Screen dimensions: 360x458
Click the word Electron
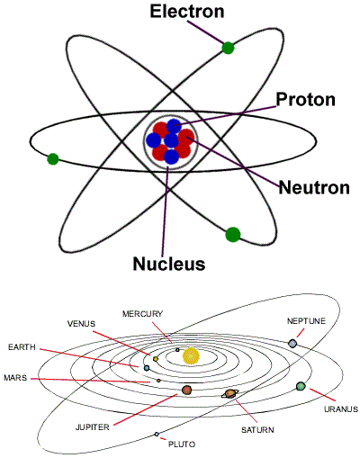pos(187,12)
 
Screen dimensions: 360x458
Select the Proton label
pos(305,99)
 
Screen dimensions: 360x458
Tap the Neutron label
pos(314,187)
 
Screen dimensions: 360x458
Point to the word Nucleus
pos(169,264)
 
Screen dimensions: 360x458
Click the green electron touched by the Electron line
pos(228,48)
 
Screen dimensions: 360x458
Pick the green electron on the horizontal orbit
pos(53,159)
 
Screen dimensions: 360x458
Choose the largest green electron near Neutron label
pos(233,235)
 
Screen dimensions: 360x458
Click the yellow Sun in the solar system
pos(191,356)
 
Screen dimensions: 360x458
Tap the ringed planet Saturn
pos(230,393)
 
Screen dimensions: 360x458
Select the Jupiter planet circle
pos(186,390)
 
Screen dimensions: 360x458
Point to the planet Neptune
pos(292,344)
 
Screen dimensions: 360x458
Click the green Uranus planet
pos(301,386)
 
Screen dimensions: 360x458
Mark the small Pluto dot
pos(157,434)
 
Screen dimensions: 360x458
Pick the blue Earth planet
pos(147,368)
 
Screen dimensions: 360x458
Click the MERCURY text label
pos(142,314)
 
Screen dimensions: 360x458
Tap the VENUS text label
pos(81,324)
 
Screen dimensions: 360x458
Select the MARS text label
pos(15,378)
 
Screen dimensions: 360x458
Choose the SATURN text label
pos(257,430)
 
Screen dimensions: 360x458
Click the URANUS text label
pos(341,409)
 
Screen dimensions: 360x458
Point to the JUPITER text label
pos(93,427)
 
